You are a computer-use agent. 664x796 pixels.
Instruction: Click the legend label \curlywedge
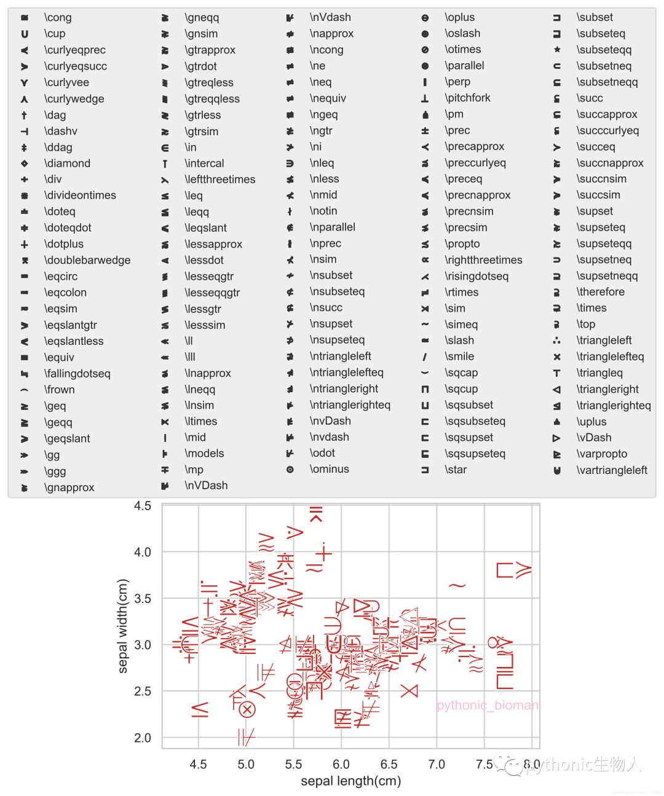pos(74,99)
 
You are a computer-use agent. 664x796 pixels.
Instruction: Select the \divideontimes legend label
pos(80,195)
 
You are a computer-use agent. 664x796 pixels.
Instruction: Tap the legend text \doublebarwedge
pos(87,260)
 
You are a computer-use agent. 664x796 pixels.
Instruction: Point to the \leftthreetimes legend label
pos(219,179)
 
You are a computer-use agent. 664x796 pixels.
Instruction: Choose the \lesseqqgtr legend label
pos(212,293)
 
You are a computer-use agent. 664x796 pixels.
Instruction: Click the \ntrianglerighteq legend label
pos(350,405)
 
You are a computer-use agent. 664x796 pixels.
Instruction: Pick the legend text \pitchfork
pos(467,98)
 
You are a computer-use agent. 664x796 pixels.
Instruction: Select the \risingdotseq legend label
pos(476,276)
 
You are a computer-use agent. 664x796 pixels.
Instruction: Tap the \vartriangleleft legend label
pos(612,470)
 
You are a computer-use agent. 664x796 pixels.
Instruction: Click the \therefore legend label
pos(600,292)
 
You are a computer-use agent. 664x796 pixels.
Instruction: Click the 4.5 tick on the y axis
pos(143,506)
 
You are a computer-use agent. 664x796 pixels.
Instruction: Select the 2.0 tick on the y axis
pos(143,738)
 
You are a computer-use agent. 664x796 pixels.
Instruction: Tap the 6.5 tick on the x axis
pos(389,764)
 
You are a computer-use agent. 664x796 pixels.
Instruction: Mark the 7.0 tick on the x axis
pos(437,764)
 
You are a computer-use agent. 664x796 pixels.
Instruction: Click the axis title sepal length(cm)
pos(350,781)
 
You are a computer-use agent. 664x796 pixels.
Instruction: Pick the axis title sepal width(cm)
pos(123,626)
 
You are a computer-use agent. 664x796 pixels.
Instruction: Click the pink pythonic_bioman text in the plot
pos(487,705)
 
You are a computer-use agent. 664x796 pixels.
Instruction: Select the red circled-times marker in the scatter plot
pos(247,710)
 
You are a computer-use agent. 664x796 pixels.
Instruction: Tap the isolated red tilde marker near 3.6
pos(457,586)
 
